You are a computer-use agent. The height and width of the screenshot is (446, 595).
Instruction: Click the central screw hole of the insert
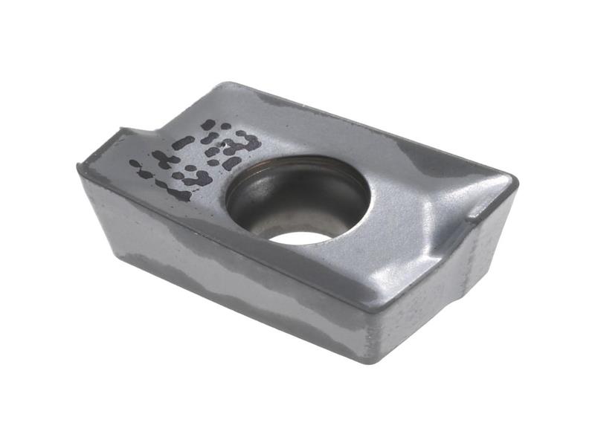(x=297, y=199)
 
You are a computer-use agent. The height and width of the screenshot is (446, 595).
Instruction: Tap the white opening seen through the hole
(x=302, y=237)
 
